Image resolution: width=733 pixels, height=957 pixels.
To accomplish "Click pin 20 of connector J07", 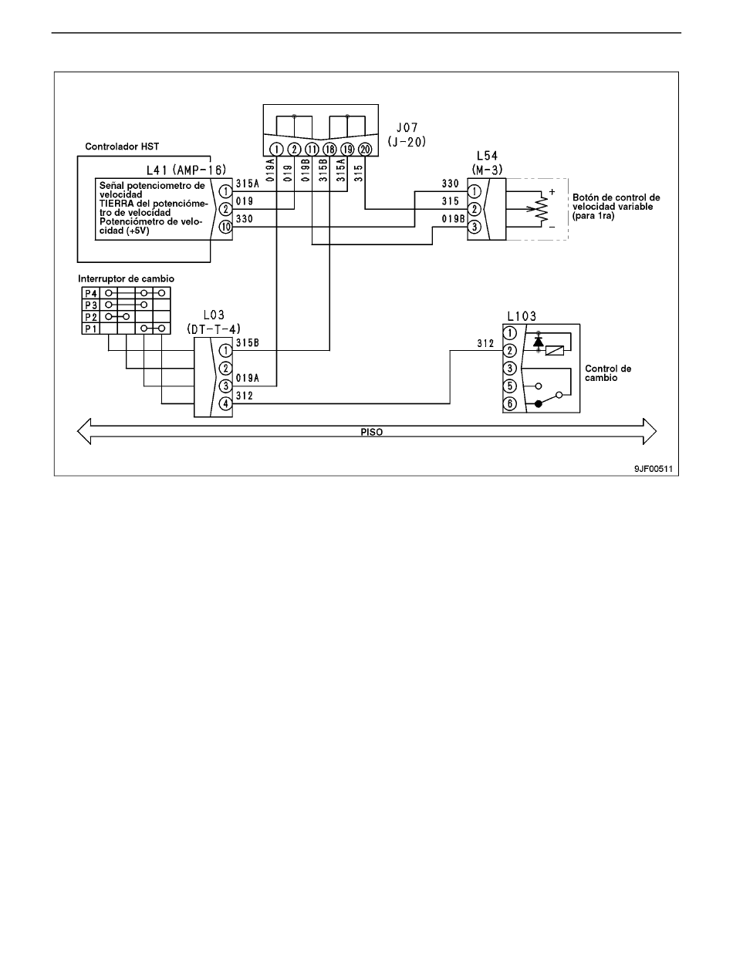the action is (x=365, y=150).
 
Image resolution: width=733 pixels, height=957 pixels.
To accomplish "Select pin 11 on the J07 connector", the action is (x=312, y=150).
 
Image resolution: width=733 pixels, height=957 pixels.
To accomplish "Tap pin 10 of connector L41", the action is (x=225, y=227).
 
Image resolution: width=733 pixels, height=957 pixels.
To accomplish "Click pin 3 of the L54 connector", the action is (x=474, y=227).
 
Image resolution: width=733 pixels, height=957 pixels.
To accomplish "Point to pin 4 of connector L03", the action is (x=225, y=403).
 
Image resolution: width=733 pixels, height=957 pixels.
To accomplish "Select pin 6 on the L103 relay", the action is (x=510, y=403).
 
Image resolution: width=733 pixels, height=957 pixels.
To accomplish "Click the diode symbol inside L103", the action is (x=538, y=342).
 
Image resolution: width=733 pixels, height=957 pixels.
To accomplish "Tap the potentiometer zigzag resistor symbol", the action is (x=542, y=209).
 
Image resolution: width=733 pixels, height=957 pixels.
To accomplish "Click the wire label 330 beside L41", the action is (x=245, y=219).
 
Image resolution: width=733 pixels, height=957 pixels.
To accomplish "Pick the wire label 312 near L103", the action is (x=485, y=343).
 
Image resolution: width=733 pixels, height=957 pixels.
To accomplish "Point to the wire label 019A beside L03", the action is (x=248, y=378).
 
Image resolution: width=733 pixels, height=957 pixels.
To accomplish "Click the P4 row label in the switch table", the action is (x=91, y=293).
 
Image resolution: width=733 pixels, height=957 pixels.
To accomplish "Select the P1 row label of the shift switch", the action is (x=91, y=329).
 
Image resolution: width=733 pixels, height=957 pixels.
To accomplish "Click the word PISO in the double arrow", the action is (x=372, y=432).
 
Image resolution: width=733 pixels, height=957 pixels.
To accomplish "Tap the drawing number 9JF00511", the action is (x=654, y=469).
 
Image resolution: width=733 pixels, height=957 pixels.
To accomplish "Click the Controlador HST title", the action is (x=122, y=147).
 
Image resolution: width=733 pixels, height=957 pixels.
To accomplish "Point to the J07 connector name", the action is (x=407, y=128).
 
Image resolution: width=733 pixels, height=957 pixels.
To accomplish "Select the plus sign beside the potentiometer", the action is (x=552, y=192).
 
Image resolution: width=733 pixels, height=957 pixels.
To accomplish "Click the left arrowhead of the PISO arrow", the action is (x=84, y=431).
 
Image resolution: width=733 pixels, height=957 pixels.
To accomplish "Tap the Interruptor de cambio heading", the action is (x=126, y=279).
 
